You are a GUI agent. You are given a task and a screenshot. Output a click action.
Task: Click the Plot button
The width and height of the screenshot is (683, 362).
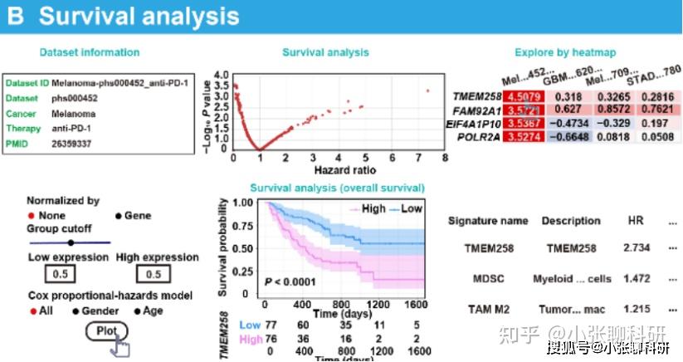(107, 331)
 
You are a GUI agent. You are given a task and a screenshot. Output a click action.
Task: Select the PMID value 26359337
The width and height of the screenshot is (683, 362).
(71, 143)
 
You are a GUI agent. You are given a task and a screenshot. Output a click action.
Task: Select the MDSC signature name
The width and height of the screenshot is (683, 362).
(488, 279)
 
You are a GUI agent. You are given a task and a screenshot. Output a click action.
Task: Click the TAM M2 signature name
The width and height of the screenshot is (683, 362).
(488, 309)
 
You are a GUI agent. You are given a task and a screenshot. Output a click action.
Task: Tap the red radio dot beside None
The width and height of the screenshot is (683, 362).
(32, 216)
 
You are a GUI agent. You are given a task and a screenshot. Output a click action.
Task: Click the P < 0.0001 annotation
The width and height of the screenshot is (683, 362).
(292, 282)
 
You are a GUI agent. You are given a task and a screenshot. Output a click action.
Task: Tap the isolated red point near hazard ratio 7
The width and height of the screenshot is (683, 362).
(427, 90)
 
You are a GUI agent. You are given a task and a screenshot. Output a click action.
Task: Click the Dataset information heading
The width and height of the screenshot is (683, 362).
(90, 53)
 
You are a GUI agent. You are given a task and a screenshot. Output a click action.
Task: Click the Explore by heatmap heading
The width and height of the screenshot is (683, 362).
(564, 53)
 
